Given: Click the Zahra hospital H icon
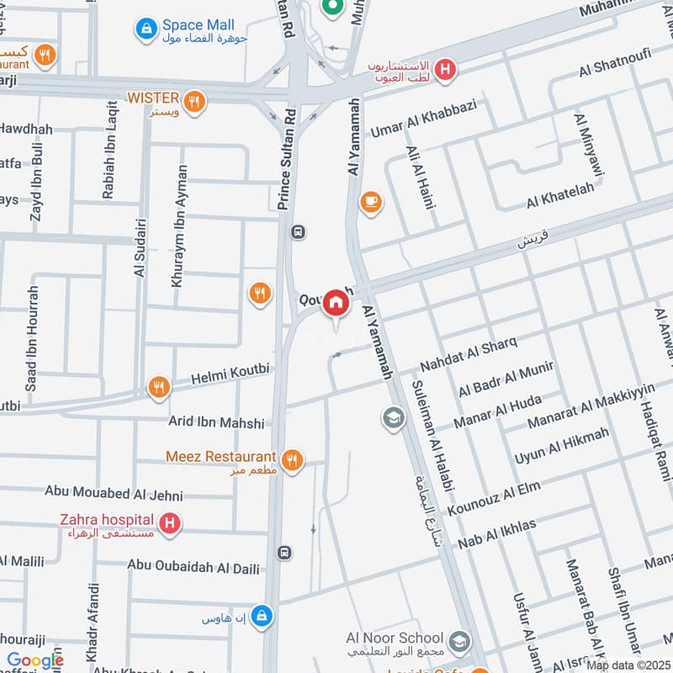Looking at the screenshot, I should (x=171, y=524).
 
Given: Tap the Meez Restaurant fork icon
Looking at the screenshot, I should (x=292, y=459).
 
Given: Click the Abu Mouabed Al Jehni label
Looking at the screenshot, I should (x=114, y=494).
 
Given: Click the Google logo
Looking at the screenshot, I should (x=34, y=660).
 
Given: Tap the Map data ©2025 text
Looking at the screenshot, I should (x=628, y=665).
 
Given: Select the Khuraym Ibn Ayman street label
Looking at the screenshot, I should (x=178, y=226).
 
